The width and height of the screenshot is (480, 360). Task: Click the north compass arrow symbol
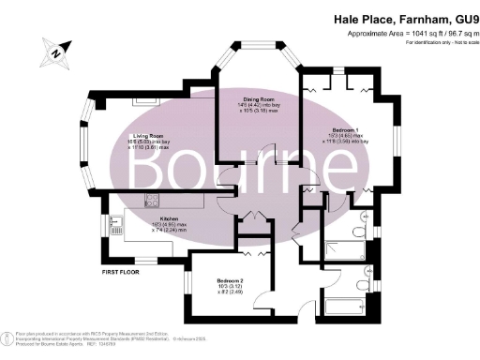pyautogui.click(x=57, y=53)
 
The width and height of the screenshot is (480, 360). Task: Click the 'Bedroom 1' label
pyautogui.click(x=345, y=130)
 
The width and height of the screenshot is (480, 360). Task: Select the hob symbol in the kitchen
pyautogui.click(x=154, y=201)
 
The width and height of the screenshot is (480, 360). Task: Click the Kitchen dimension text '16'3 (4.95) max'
pyautogui.click(x=156, y=225)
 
